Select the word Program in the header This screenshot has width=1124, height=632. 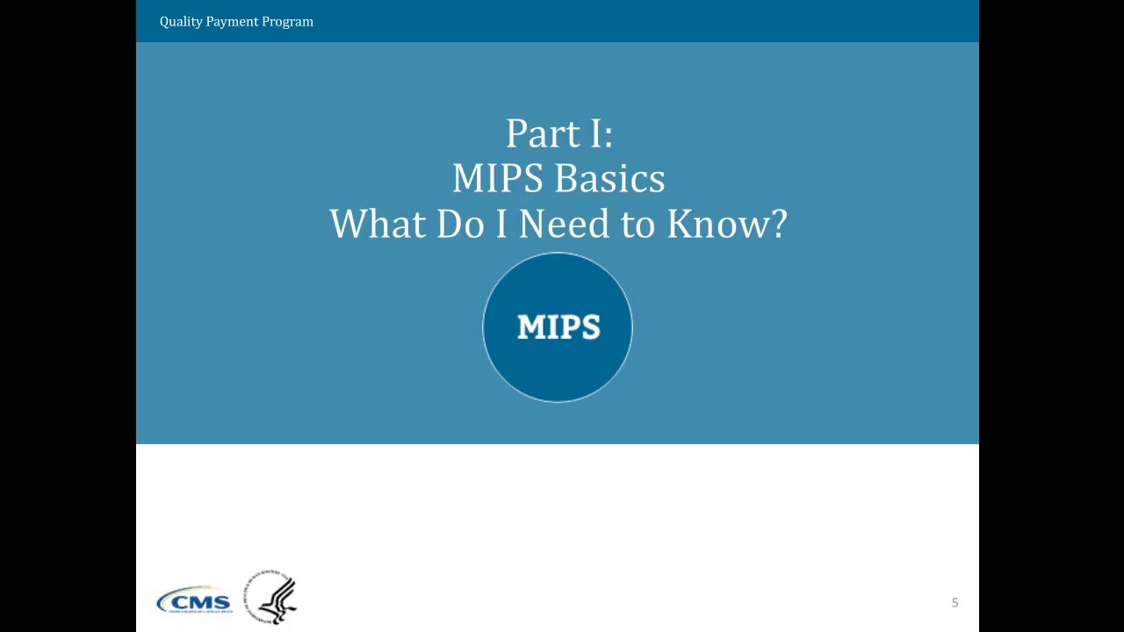289,22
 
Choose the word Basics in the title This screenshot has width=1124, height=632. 610,179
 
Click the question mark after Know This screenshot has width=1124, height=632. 776,224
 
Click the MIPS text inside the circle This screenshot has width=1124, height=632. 558,327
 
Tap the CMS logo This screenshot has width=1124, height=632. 194,601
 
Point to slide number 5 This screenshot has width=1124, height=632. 955,603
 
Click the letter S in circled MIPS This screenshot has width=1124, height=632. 589,327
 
